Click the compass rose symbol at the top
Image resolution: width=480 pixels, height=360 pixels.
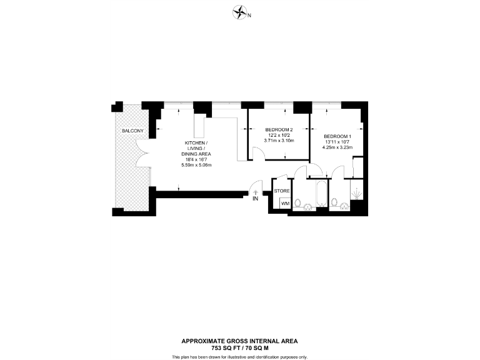pyautogui.click(x=239, y=12)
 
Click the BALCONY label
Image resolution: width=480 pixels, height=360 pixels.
pyautogui.click(x=132, y=131)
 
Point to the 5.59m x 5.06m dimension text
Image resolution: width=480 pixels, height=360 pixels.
pyautogui.click(x=196, y=165)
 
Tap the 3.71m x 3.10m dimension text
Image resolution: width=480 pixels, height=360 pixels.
pyautogui.click(x=279, y=141)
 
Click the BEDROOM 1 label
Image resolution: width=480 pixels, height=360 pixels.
pyautogui.click(x=337, y=136)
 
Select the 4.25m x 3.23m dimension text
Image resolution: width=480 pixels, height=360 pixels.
pyautogui.click(x=337, y=147)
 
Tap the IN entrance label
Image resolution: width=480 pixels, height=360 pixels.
pyautogui.click(x=256, y=199)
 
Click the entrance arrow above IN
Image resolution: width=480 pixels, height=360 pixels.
pyautogui.click(x=256, y=191)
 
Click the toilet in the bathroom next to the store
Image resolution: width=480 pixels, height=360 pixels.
pyautogui.click(x=299, y=202)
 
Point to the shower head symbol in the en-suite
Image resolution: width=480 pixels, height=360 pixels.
pyautogui.click(x=357, y=194)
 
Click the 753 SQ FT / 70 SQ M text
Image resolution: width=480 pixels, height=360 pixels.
pyautogui.click(x=239, y=347)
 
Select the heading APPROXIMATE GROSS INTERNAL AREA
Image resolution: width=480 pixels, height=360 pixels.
pyautogui.click(x=239, y=341)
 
